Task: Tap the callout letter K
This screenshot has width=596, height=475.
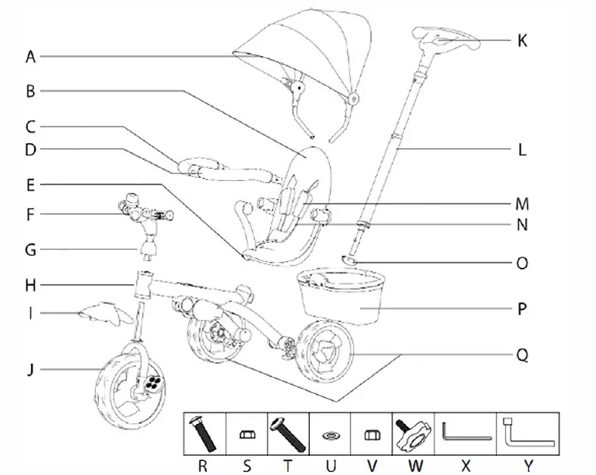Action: tap(521, 40)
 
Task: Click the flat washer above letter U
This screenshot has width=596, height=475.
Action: tap(330, 437)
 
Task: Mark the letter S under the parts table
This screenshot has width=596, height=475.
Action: tap(247, 465)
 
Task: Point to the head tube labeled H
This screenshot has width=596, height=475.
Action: tap(145, 282)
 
